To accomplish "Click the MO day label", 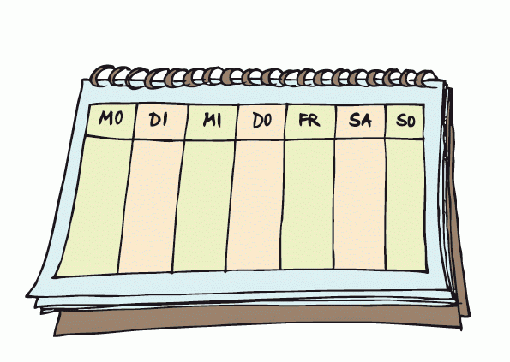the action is click(x=111, y=117).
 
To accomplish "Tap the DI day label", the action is click(x=159, y=120).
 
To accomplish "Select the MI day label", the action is click(x=212, y=120).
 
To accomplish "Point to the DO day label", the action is click(x=262, y=121).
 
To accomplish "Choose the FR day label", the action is click(x=309, y=120).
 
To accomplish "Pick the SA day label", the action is click(x=360, y=121).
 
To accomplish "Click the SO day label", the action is click(x=405, y=121).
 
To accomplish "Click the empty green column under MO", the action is click(x=94, y=206).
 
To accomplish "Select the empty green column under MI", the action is click(x=204, y=206).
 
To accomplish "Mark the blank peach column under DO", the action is click(x=255, y=205).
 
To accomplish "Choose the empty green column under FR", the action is click(x=308, y=205).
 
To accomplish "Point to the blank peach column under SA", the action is click(x=360, y=205).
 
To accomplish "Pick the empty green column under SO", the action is click(x=406, y=205).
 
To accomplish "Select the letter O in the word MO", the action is click(x=117, y=118).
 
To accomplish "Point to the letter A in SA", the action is click(x=366, y=122).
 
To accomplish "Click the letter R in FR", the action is click(x=315, y=121).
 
